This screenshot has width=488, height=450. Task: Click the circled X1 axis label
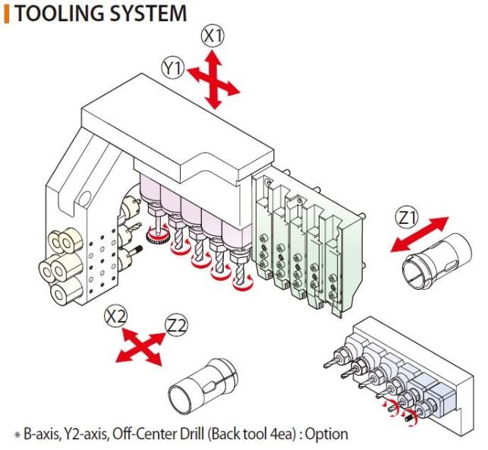point(213,36)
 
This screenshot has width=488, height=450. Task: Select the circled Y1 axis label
point(173,68)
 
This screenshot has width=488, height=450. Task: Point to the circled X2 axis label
point(116,317)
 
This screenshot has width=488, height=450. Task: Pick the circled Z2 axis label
point(177,326)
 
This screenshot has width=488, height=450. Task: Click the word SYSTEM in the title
point(149,14)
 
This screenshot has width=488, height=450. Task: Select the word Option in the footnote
point(326,434)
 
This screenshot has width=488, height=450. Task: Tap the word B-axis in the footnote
point(41,434)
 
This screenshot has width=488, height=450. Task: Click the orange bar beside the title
point(7,14)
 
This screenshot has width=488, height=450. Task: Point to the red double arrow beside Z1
point(420,234)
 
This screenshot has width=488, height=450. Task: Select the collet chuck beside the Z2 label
point(203,388)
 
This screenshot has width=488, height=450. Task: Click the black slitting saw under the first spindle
point(157,238)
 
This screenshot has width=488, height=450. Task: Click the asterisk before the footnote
point(17,435)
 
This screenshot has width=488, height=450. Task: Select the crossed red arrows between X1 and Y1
point(213,80)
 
